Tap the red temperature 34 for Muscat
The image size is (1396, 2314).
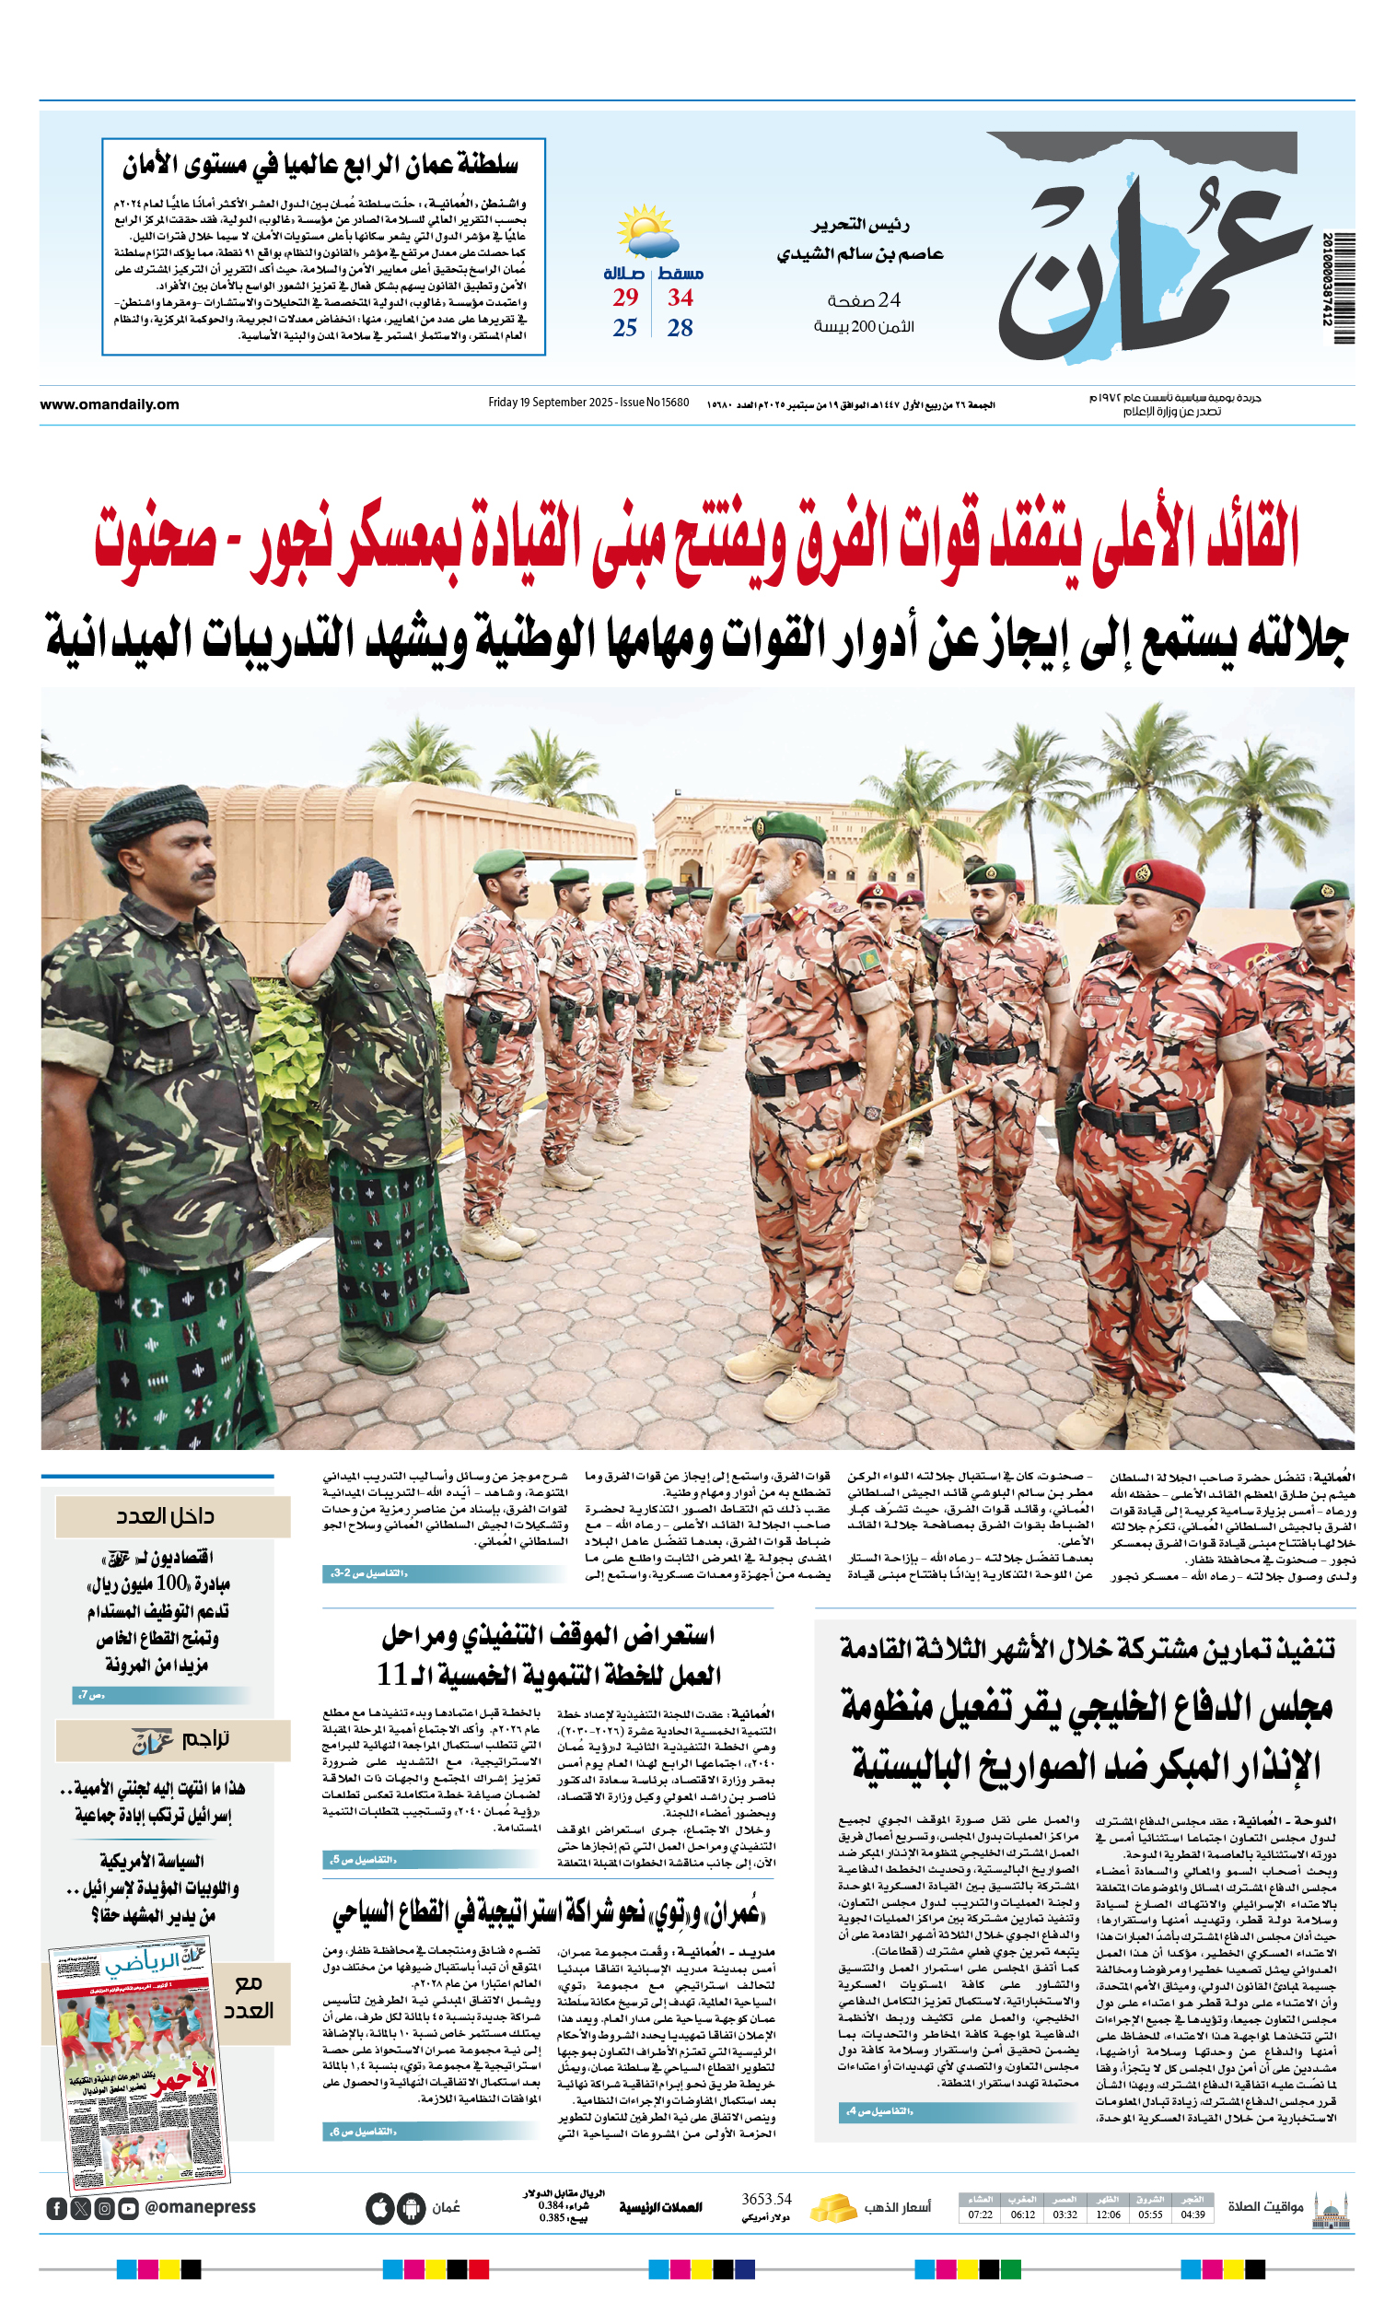pos(680,298)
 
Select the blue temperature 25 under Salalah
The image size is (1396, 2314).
pos(624,328)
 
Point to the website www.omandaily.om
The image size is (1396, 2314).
pos(109,404)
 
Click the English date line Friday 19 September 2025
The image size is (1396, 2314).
pos(587,403)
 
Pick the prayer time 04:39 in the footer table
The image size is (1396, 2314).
pos(1192,2215)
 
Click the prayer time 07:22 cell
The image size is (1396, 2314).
pos(979,2215)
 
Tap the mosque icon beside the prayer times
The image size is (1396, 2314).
pos(1331,2209)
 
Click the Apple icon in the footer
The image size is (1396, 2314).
pos(379,2208)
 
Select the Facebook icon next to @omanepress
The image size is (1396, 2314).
pos(56,2209)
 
